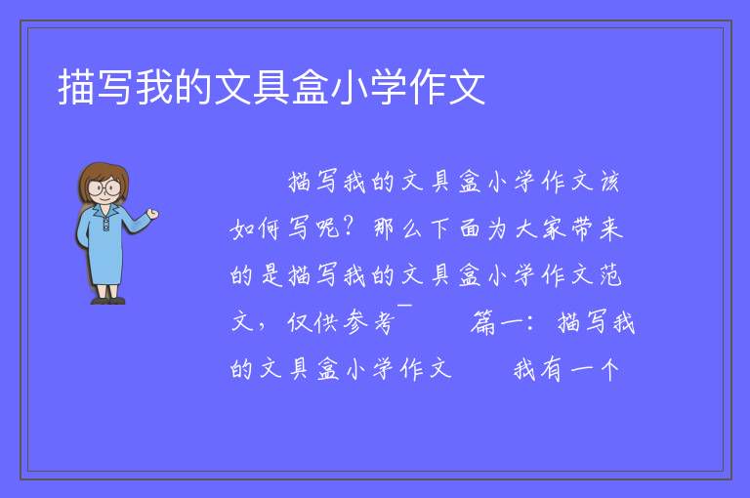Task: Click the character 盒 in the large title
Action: (310, 87)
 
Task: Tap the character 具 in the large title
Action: (271, 87)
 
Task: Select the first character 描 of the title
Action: (76, 87)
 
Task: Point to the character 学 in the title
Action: (388, 87)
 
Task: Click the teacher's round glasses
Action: (104, 187)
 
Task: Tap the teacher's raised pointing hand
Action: (152, 214)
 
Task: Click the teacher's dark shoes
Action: (108, 301)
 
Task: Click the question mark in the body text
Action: (350, 227)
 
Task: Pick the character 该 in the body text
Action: (610, 183)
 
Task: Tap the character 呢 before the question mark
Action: (328, 228)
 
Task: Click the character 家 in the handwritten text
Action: (554, 228)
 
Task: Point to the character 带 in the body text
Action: (582, 228)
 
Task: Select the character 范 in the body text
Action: (610, 275)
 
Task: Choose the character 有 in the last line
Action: (551, 369)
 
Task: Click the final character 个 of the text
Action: (609, 369)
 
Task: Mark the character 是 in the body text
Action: (271, 275)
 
